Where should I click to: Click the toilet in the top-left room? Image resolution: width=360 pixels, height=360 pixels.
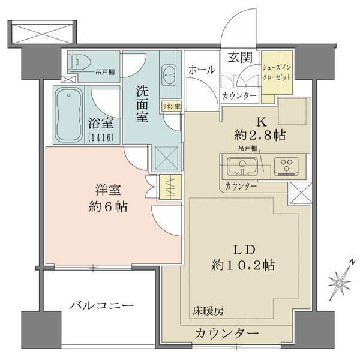(80, 61)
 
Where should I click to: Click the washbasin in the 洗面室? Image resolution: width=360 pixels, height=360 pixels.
(169, 75)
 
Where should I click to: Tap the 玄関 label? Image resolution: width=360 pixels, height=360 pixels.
(239, 58)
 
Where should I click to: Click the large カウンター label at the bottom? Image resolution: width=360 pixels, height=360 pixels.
(226, 333)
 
